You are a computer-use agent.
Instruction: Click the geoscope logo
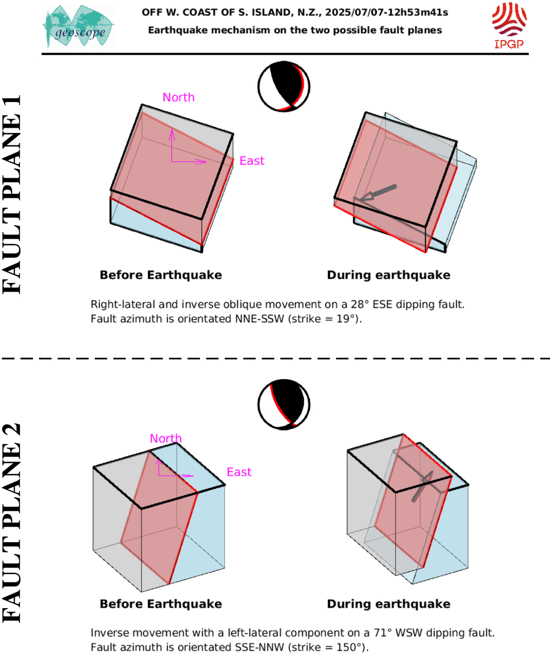(78, 26)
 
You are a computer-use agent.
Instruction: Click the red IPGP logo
(509, 25)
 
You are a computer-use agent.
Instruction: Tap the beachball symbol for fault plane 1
(284, 86)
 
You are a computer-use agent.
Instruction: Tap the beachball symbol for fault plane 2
(284, 405)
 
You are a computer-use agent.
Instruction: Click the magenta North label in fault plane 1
(178, 97)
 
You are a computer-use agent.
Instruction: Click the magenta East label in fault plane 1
(252, 161)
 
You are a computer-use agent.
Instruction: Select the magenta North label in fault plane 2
(166, 438)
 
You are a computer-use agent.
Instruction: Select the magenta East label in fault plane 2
(239, 472)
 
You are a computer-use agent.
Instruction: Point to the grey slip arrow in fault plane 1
(378, 192)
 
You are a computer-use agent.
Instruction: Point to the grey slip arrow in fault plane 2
(423, 486)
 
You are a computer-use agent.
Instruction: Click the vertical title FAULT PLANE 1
(12, 195)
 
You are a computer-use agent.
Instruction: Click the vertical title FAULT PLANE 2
(12, 523)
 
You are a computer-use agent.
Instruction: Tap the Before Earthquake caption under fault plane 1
(161, 275)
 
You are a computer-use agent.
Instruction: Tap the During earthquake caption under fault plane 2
(389, 603)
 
